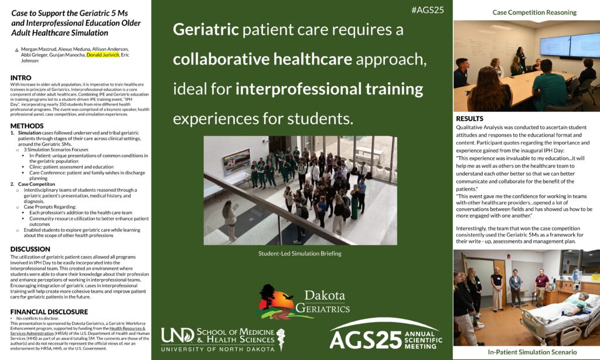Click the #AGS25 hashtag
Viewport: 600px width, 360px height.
(x=427, y=11)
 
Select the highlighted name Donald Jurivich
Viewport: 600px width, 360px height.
(x=103, y=55)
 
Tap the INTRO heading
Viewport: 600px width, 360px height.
(x=21, y=78)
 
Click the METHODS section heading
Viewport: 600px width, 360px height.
(x=27, y=125)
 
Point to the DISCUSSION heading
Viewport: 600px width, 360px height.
(x=30, y=249)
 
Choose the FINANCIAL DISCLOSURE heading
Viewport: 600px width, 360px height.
(x=49, y=312)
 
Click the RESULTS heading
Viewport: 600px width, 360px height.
(x=469, y=118)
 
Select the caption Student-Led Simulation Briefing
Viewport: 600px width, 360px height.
(x=299, y=253)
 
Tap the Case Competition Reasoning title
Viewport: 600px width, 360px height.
(x=534, y=12)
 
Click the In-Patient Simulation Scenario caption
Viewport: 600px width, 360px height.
(x=532, y=352)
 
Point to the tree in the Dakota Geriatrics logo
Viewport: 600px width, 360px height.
(x=267, y=295)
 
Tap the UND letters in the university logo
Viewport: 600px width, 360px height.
(x=178, y=335)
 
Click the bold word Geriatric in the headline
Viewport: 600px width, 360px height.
(x=206, y=30)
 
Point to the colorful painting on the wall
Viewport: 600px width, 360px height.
(x=237, y=161)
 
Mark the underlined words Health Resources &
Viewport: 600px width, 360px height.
(x=127, y=328)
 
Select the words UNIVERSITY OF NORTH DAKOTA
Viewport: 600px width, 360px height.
(x=218, y=349)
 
